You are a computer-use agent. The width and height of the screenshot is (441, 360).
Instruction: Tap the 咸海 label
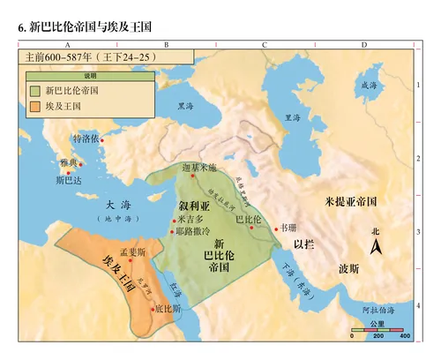(x=368, y=86)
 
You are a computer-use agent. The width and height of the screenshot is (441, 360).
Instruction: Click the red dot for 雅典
(x=80, y=164)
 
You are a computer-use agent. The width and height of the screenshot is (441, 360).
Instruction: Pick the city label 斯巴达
(x=67, y=180)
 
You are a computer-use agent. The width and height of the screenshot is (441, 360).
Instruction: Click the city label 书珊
(x=292, y=228)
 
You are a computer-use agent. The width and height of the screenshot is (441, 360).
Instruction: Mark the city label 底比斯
(x=168, y=309)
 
